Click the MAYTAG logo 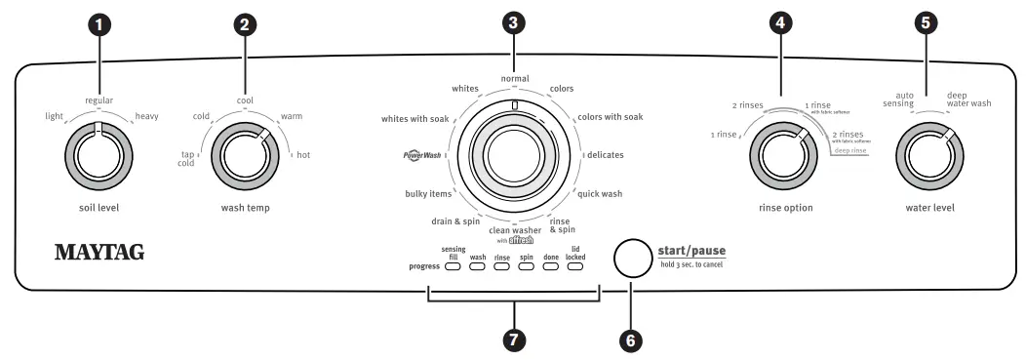pos(99,253)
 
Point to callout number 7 pos(513,339)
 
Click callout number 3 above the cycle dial pos(513,22)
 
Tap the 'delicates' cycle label pos(605,155)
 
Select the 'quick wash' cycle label pos(600,193)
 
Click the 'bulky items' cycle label pos(428,193)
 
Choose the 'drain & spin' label pos(455,221)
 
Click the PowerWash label pos(422,155)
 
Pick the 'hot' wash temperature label pos(303,155)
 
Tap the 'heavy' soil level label pos(147,117)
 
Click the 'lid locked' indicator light pos(575,266)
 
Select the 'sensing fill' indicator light pos(454,266)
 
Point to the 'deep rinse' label pos(850,150)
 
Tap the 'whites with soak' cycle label pos(414,119)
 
